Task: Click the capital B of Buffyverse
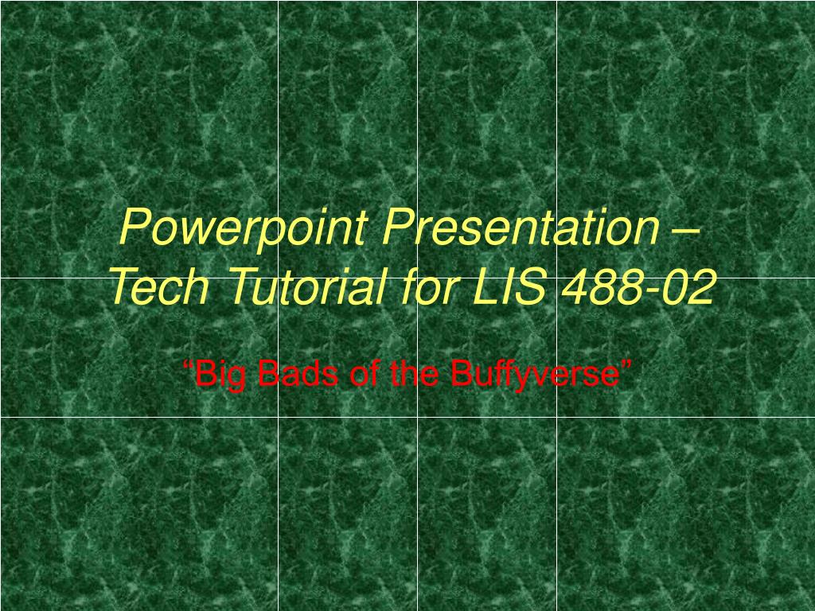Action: coord(458,373)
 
